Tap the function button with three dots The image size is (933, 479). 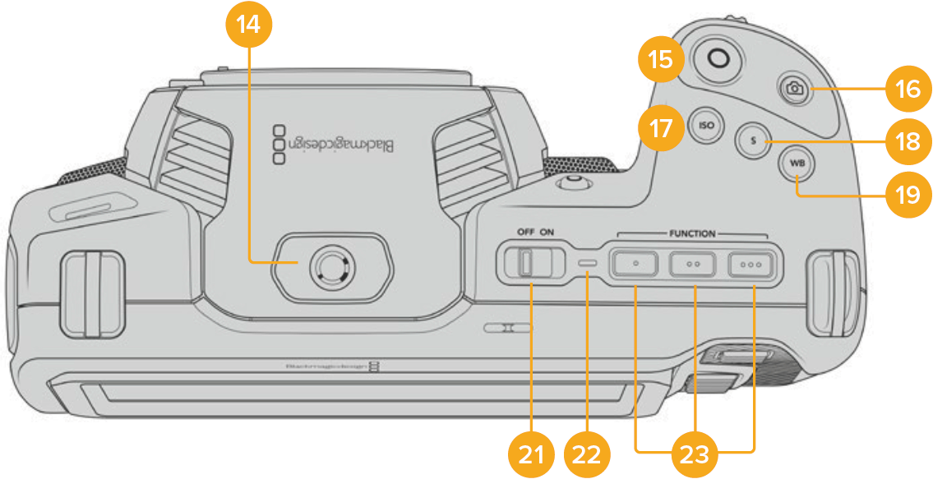pos(752,265)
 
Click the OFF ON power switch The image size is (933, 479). pos(527,264)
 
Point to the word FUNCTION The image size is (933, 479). pos(692,233)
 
